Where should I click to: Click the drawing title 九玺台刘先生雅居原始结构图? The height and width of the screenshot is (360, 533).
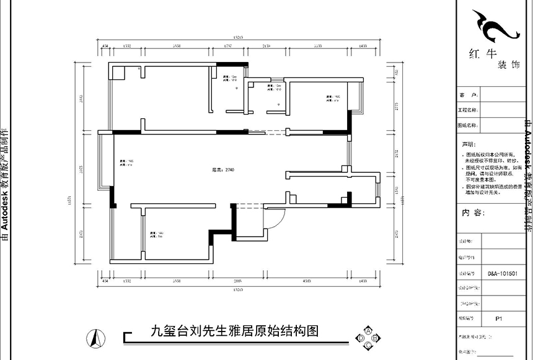(235, 331)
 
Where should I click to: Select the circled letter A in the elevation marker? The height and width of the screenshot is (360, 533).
(368, 330)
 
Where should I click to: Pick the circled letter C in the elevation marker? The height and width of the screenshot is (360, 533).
(368, 345)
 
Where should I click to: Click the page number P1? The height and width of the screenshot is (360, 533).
(499, 318)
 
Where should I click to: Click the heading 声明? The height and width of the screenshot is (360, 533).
(467, 143)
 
